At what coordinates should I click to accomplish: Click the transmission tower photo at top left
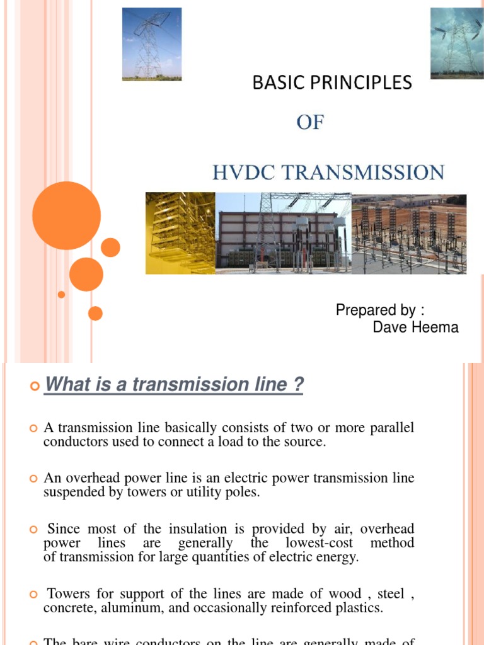pyautogui.click(x=151, y=44)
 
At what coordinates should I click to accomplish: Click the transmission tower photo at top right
pyautogui.click(x=457, y=43)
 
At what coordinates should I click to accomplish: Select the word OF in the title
pyautogui.click(x=309, y=122)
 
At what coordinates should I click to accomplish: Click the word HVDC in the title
pyautogui.click(x=238, y=172)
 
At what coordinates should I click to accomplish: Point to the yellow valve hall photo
pyautogui.click(x=180, y=233)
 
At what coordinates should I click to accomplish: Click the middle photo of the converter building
pyautogui.click(x=283, y=233)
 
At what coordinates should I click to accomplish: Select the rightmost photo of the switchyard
pyautogui.click(x=408, y=233)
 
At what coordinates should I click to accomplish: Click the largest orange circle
pyautogui.click(x=66, y=215)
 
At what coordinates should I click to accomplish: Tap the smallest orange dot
pyautogui.click(x=61, y=294)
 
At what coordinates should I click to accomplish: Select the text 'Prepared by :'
pyautogui.click(x=380, y=310)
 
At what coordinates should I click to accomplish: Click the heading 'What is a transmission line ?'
pyautogui.click(x=173, y=385)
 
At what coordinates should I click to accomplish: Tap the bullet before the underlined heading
pyautogui.click(x=35, y=385)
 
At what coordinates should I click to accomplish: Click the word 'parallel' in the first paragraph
pyautogui.click(x=392, y=428)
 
